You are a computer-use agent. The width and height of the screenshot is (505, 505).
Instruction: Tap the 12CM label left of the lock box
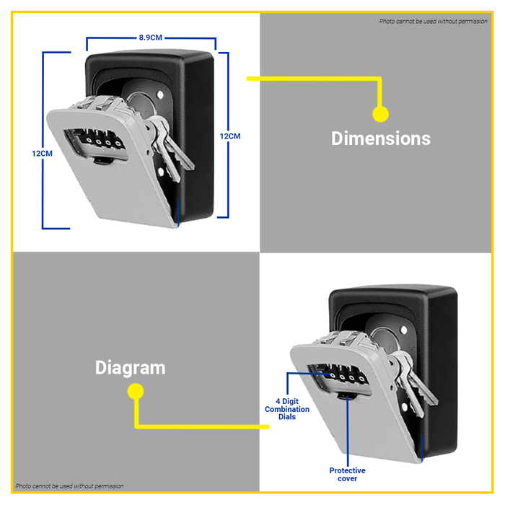coord(42,154)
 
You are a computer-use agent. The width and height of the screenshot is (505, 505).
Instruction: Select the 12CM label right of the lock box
coord(230,136)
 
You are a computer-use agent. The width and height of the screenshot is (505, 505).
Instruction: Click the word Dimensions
coord(380,139)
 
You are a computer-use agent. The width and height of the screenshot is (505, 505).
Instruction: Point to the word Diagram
coord(130,367)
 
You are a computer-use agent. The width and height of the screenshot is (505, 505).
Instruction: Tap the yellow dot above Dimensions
coord(380,113)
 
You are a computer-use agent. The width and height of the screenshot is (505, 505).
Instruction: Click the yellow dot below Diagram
coord(135,391)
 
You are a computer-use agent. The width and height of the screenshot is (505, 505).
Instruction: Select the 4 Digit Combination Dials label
coord(286,409)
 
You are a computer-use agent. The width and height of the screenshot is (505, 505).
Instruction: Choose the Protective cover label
coord(347,474)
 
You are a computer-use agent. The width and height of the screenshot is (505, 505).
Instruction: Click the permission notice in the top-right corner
coord(434,21)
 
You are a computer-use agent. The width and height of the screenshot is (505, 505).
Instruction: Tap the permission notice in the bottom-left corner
coord(70,486)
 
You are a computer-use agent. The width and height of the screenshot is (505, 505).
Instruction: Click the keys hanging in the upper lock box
coord(170,144)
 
